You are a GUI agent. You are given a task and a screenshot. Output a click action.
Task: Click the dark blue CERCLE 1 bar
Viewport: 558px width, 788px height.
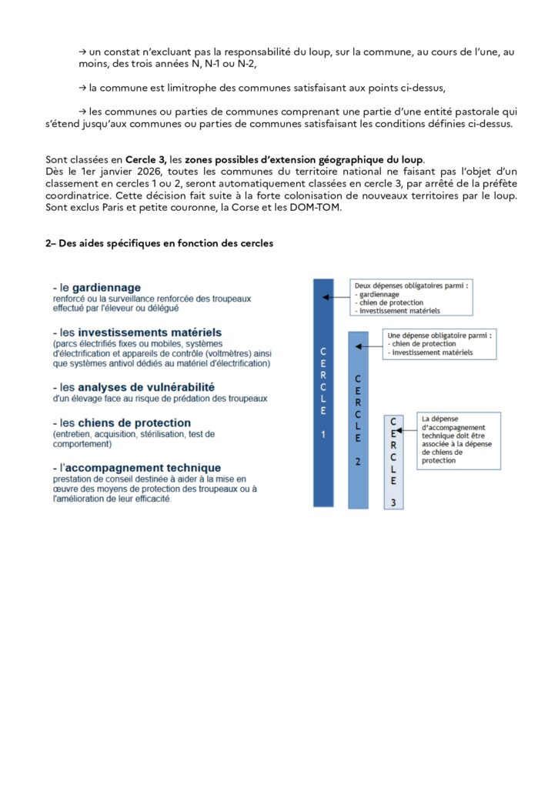(323, 392)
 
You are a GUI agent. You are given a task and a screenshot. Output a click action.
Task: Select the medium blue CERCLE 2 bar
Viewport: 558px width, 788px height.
(358, 419)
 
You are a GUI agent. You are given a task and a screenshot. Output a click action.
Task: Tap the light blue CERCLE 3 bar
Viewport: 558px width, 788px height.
(394, 462)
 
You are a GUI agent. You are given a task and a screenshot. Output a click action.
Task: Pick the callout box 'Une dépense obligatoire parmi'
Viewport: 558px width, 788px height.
(439, 344)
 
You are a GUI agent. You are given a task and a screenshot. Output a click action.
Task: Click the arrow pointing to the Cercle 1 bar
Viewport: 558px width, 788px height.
(336, 296)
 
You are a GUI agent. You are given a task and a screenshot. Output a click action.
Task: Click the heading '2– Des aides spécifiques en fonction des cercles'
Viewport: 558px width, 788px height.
(159, 243)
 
